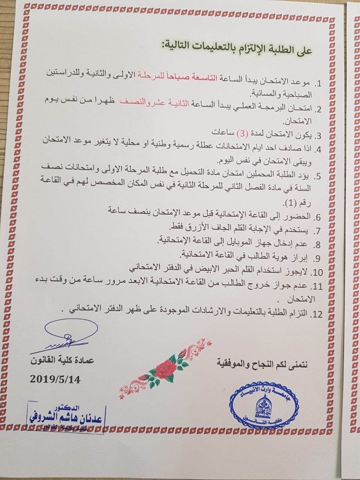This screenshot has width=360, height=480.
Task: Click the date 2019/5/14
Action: click(x=55, y=378)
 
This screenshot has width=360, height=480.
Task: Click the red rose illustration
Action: click(x=163, y=367)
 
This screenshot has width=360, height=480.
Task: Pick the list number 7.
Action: click(x=317, y=230)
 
